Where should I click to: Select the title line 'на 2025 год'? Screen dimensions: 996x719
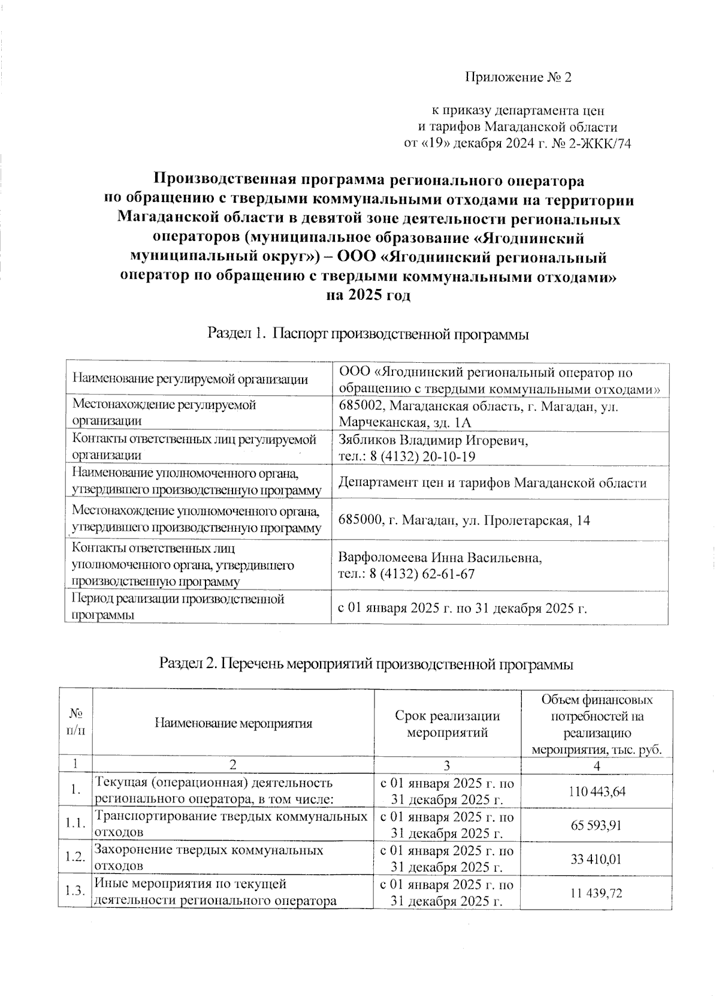(367, 295)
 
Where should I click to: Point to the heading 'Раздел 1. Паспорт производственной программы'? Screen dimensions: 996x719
(367, 333)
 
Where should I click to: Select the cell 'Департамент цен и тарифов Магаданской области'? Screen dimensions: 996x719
(492, 483)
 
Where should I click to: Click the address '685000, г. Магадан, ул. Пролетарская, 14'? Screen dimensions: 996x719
(464, 520)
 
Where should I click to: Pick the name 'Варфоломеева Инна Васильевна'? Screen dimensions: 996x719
(440, 558)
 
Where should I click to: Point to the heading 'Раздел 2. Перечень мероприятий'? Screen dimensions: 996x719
(366, 664)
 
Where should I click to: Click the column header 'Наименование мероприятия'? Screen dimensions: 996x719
(233, 723)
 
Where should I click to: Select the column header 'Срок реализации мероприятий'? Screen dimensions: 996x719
(448, 723)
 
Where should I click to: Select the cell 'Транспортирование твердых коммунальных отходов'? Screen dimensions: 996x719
(231, 825)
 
